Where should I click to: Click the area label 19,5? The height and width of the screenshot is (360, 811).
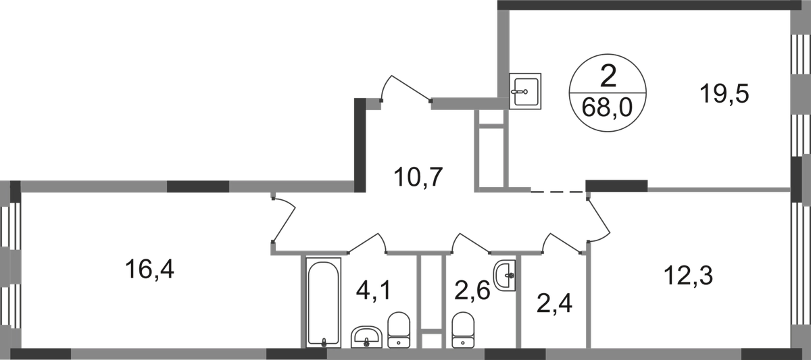(724, 94)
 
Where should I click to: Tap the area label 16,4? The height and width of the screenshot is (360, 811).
(149, 269)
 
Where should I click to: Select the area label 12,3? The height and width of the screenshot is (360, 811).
(688, 276)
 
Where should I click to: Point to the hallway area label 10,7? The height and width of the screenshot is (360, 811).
(418, 177)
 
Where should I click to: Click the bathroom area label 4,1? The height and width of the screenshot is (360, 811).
(374, 290)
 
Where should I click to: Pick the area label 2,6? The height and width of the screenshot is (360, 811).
(472, 290)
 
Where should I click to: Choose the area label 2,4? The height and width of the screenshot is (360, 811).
(554, 303)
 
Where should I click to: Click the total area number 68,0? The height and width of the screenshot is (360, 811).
(607, 107)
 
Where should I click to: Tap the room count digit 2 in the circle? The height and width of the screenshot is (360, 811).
(608, 77)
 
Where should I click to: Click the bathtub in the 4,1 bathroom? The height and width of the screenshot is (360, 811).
(323, 303)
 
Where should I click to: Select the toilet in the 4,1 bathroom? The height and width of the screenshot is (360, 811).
(399, 330)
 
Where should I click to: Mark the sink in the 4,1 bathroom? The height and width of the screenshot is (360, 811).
(366, 337)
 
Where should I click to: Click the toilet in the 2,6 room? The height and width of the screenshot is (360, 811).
(463, 330)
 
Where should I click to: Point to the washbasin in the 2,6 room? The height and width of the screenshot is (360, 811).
(504, 275)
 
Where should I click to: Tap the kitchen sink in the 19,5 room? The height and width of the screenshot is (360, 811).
(525, 91)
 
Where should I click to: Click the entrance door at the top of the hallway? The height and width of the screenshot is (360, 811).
(405, 88)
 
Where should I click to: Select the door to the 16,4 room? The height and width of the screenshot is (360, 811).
(285, 220)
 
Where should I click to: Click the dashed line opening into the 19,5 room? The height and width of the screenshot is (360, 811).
(558, 192)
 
